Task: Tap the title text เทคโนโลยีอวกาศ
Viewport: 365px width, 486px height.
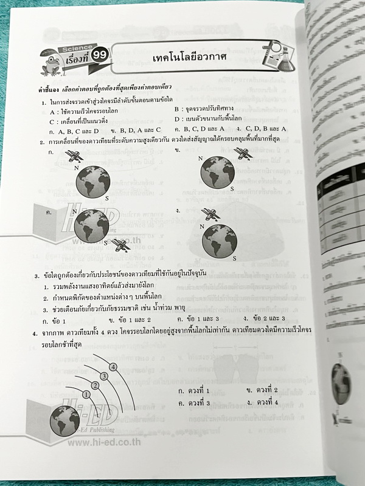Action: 190,56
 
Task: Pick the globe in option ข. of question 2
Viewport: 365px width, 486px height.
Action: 217,171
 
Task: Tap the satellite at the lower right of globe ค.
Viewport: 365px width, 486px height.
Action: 120,245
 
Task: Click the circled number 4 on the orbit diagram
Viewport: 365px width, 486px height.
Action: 113,366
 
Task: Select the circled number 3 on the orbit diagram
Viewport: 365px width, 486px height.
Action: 104,376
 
